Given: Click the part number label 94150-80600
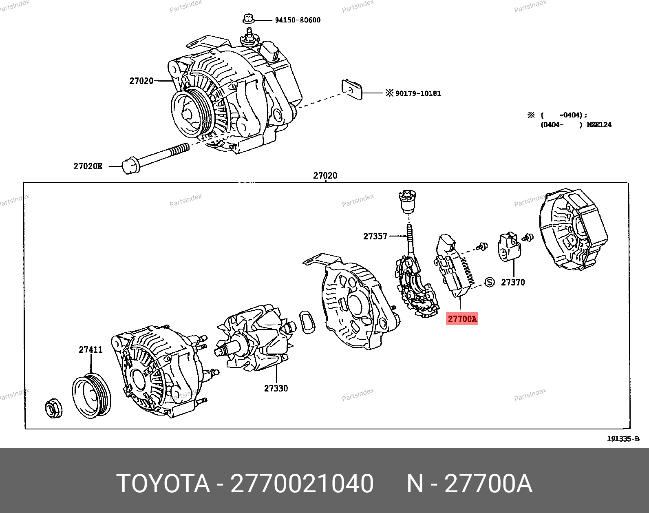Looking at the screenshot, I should click(x=297, y=20).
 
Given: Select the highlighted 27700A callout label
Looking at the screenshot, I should click(x=462, y=319).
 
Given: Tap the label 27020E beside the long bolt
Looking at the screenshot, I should click(x=88, y=166).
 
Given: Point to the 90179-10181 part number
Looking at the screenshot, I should click(x=418, y=93).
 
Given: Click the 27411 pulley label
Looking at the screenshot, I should click(x=91, y=350).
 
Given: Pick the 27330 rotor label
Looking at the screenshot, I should click(x=276, y=389).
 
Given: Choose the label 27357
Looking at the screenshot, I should click(x=375, y=236).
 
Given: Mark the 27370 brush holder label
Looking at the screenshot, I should click(x=513, y=282).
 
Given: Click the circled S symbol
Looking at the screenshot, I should click(x=489, y=282).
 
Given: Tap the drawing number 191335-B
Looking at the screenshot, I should click(x=623, y=439).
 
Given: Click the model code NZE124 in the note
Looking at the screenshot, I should click(x=599, y=125).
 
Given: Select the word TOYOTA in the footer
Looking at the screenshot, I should click(x=163, y=484).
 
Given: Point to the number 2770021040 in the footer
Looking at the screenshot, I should click(x=302, y=484).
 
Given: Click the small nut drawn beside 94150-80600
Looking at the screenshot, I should click(x=248, y=19).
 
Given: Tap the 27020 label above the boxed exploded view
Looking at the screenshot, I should click(x=325, y=176).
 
